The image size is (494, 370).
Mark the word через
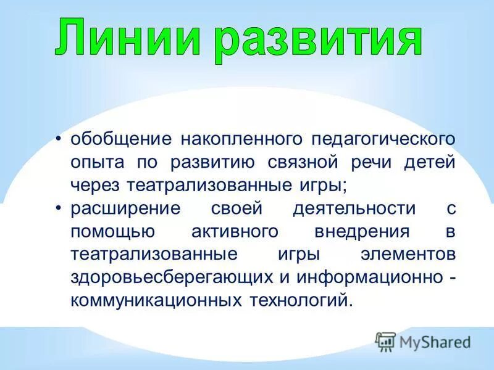click(96, 184)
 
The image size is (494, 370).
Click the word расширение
click(125, 208)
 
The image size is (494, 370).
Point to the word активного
click(224, 231)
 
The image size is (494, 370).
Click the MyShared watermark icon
click(385, 341)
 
